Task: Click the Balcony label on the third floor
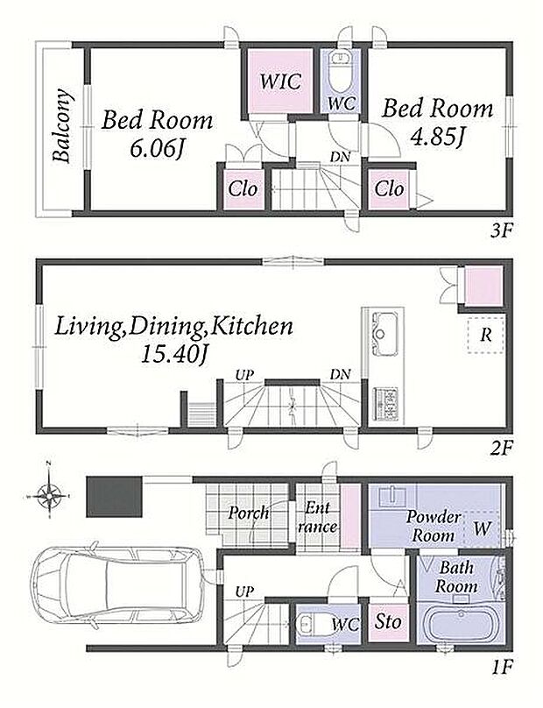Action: click(61, 125)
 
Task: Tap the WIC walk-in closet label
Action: click(280, 81)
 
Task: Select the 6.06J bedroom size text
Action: click(156, 150)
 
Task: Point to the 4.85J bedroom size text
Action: click(437, 138)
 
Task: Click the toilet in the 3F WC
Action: click(341, 70)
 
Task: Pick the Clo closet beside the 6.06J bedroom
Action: click(243, 188)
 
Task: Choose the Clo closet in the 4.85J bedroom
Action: click(389, 188)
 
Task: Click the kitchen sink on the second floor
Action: click(384, 335)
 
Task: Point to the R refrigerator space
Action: click(486, 335)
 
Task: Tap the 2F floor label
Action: click(501, 448)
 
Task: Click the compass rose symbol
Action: click(48, 494)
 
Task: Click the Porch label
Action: click(248, 513)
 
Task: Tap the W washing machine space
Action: click(482, 528)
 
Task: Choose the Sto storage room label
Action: click(388, 622)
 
